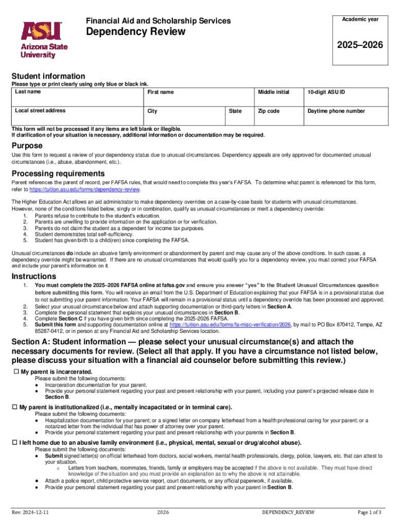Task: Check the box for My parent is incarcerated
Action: pos(15,372)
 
